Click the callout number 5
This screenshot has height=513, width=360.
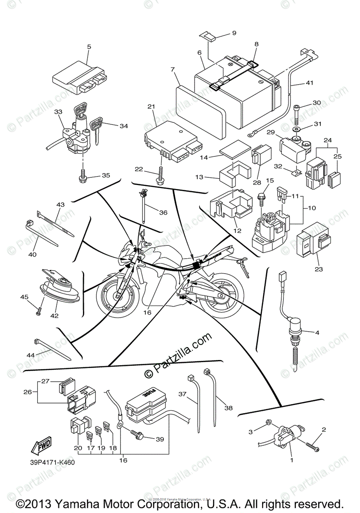click(89, 47)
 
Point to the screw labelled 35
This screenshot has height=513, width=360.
click(83, 176)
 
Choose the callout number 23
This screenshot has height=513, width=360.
click(319, 269)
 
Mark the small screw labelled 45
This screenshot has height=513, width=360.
click(38, 313)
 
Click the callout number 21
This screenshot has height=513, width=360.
click(150, 106)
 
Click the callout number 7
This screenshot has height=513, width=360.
click(173, 69)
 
